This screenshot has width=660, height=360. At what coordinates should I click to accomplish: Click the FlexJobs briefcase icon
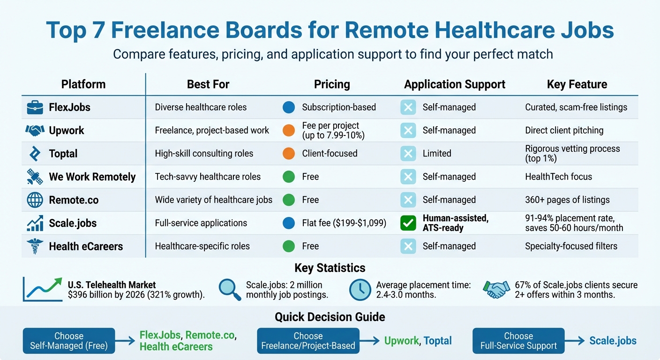pos(35,107)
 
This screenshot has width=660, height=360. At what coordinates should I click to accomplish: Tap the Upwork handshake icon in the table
pos(35,131)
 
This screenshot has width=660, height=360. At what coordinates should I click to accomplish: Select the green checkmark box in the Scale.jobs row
pos(408,223)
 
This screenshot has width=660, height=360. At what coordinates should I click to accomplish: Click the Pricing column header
pos(332,84)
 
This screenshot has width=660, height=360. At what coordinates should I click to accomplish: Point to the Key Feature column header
pos(577,84)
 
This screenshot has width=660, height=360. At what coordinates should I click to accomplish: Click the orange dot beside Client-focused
pos(289,153)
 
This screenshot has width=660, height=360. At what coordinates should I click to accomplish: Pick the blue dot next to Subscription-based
pos(289,107)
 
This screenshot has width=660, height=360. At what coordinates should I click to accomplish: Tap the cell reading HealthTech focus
pos(558,177)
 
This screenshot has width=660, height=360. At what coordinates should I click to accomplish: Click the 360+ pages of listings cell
pos(567,200)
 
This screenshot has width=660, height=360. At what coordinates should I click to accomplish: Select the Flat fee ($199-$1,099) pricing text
pos(344,223)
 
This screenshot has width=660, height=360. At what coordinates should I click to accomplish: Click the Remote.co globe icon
pos(35,200)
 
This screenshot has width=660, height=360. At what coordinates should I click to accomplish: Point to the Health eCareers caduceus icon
pos(35,247)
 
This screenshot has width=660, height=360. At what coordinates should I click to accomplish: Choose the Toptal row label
pos(63,154)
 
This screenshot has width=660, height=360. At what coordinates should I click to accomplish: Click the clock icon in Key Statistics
pos(360,290)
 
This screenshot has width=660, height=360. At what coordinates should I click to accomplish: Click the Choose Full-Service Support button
pos(518,341)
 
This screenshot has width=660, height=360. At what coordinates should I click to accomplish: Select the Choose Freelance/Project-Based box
pos(308,341)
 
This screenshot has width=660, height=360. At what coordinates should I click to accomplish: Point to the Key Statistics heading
pos(330,268)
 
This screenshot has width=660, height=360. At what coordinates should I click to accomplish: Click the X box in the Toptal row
pos(408,153)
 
